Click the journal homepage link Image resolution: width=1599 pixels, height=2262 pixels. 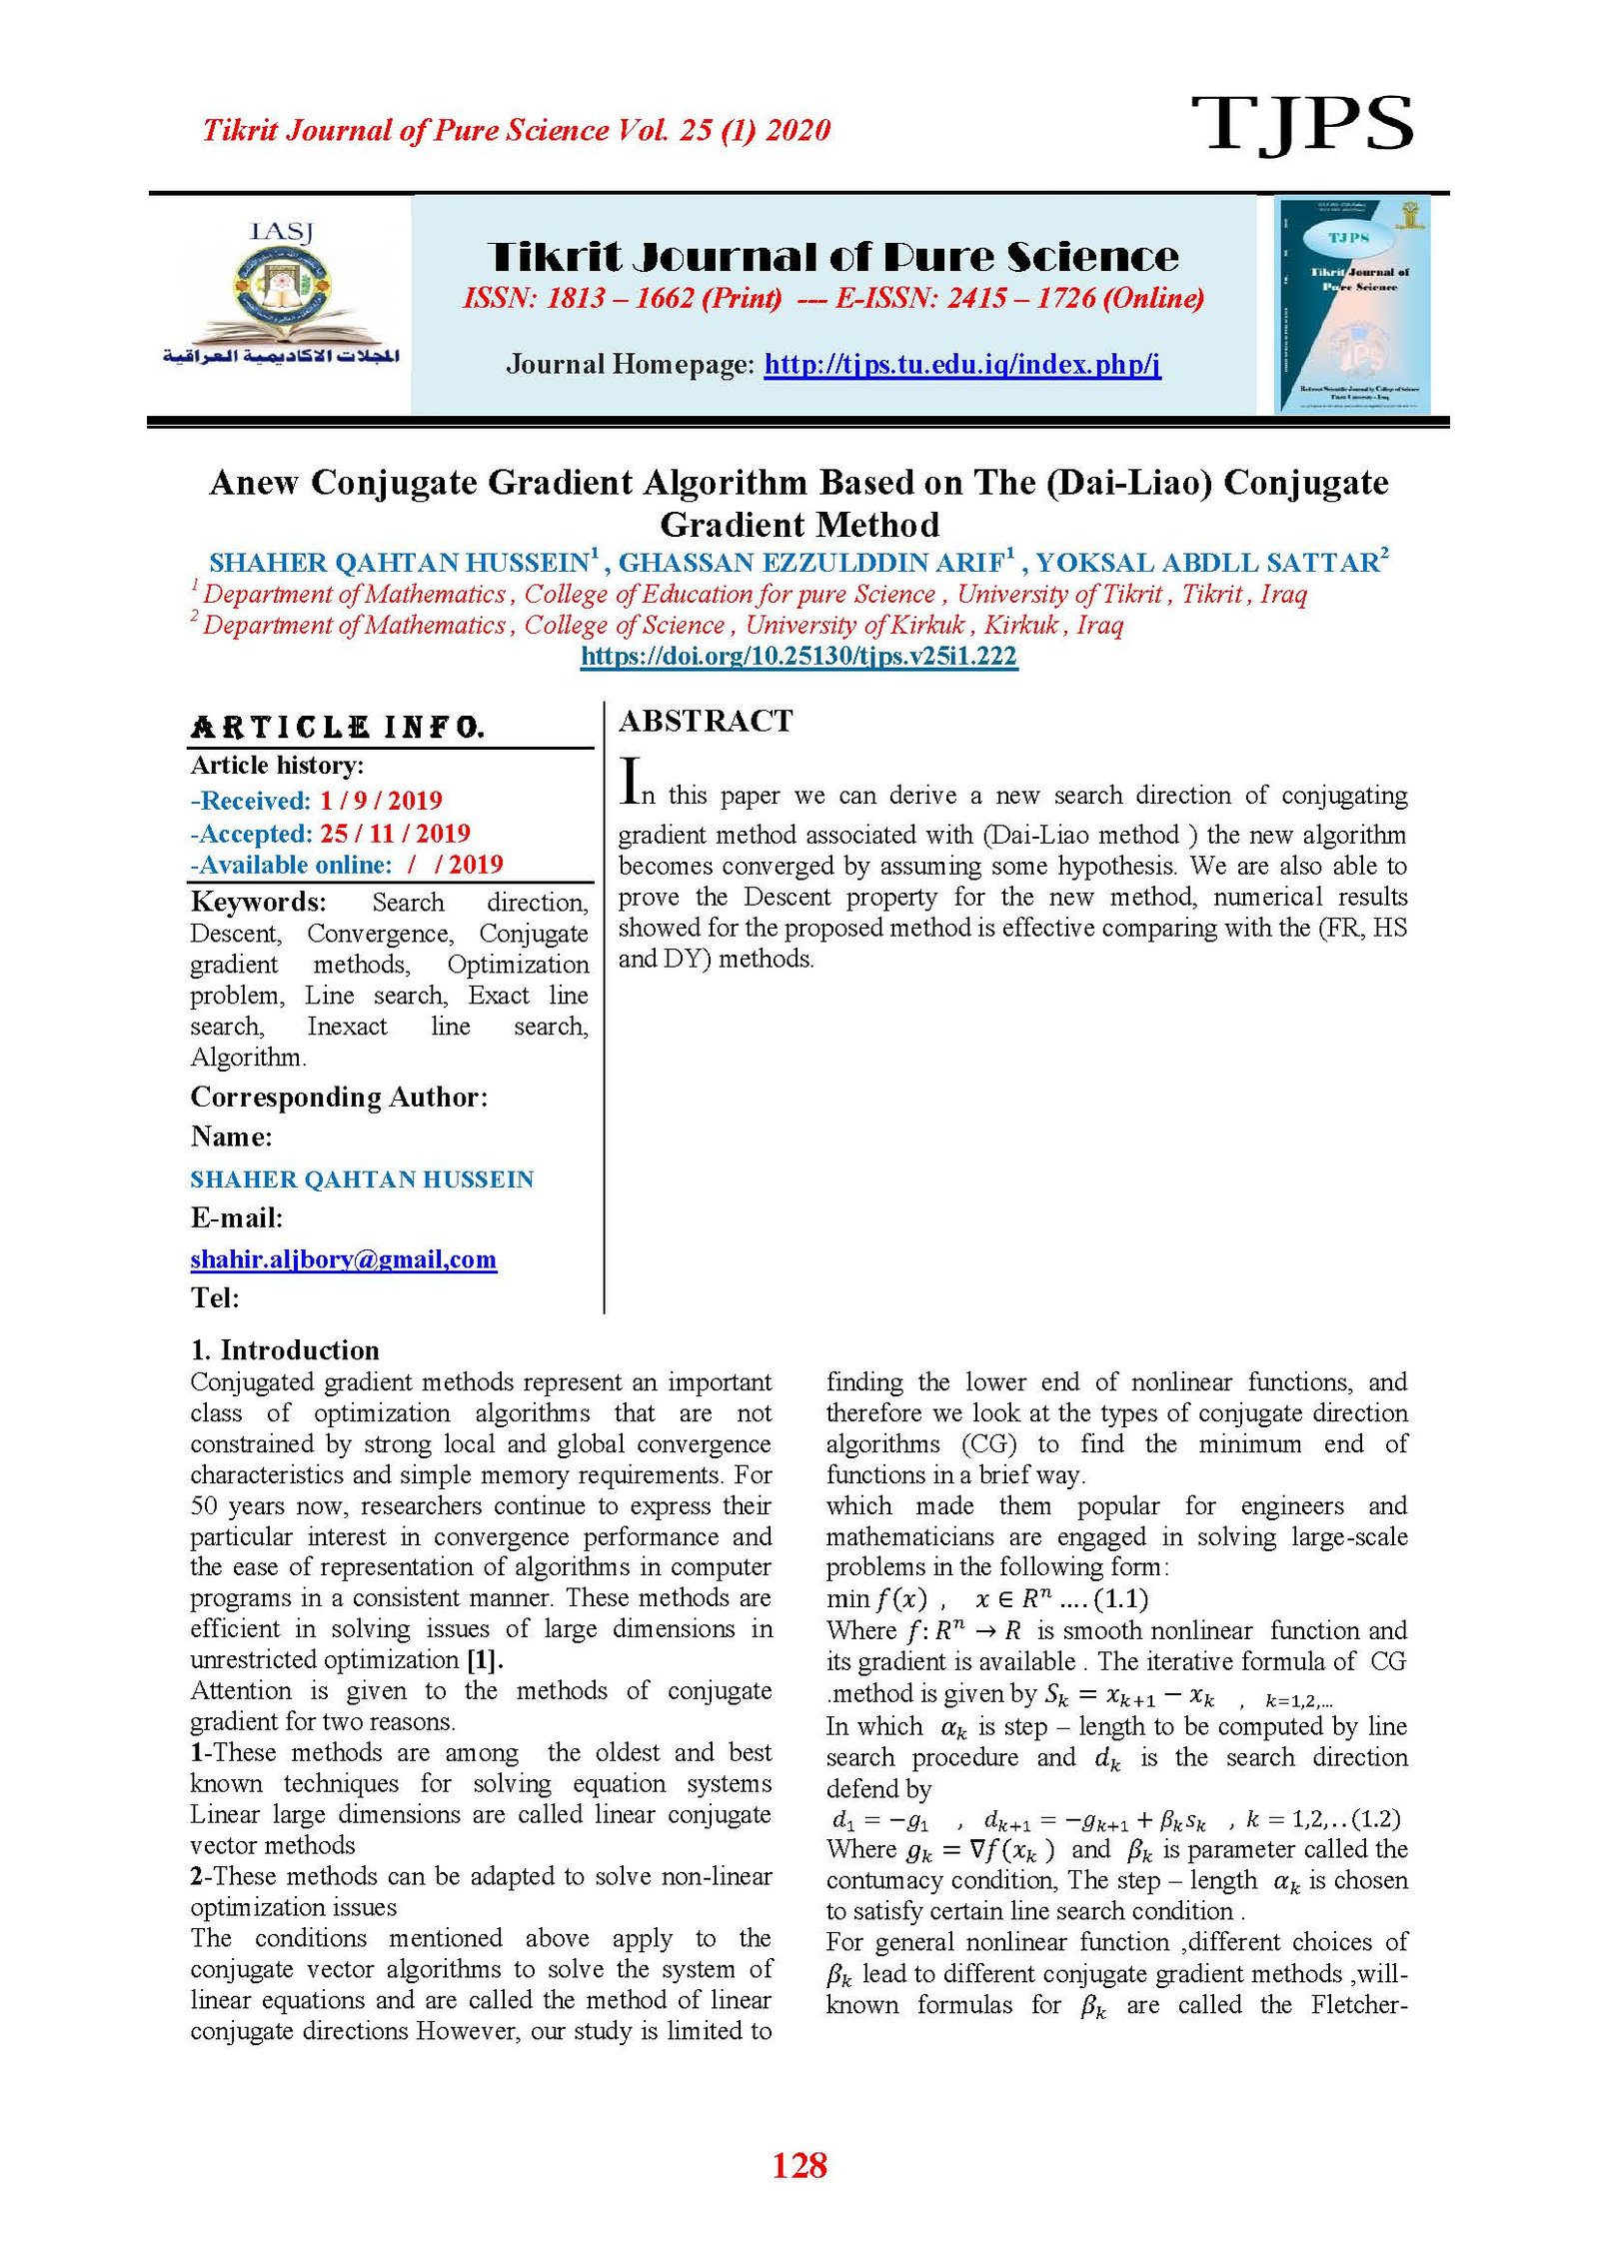961,364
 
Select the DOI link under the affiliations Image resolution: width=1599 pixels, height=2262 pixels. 799,656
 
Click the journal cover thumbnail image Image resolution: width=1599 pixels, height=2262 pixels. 1353,305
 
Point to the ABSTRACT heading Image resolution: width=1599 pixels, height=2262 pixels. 706,721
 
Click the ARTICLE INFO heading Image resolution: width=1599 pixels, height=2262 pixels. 338,727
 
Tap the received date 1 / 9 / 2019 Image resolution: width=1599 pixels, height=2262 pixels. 381,800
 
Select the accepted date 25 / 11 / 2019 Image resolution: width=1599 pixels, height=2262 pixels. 395,833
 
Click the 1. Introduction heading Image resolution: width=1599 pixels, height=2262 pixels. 285,1349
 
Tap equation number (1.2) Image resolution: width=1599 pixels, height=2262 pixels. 1375,1818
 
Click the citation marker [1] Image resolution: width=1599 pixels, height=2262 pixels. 485,1659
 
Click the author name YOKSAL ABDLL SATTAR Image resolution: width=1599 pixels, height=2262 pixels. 1206,563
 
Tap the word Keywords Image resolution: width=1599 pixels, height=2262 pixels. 258,902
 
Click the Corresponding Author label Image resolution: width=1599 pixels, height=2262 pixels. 339,1097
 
